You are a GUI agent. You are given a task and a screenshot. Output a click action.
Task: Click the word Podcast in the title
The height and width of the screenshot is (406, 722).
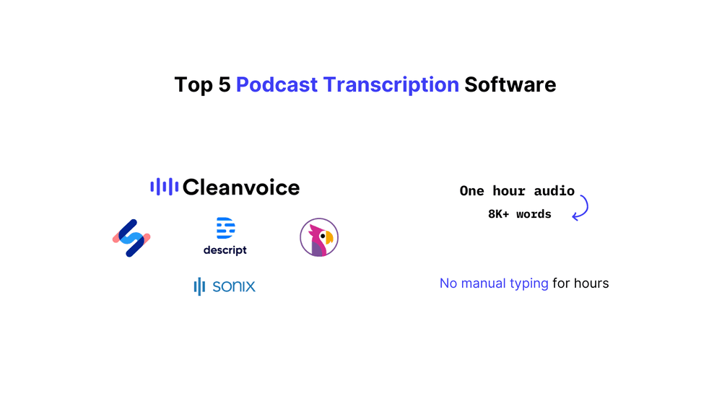click(x=277, y=85)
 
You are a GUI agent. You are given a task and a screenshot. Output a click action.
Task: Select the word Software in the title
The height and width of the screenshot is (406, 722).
click(x=510, y=85)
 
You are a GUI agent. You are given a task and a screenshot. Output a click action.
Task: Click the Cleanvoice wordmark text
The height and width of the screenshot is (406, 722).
click(x=241, y=187)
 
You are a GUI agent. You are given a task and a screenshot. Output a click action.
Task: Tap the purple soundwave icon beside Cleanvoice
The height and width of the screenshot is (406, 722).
click(x=164, y=187)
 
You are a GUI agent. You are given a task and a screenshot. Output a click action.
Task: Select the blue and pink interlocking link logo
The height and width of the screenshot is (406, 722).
click(x=131, y=238)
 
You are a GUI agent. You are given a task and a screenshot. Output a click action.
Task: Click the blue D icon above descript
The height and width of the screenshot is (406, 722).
click(x=225, y=229)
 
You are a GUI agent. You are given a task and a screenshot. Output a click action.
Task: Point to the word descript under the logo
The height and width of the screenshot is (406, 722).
click(x=225, y=250)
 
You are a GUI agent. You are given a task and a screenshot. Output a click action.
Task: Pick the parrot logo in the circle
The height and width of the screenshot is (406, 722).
click(x=319, y=237)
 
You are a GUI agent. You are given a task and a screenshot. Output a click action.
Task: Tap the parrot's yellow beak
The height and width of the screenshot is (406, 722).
click(x=329, y=237)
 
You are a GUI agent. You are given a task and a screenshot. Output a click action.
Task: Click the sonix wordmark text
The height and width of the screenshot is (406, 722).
click(x=234, y=286)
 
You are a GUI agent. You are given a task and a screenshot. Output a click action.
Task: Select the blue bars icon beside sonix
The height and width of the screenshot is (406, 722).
click(x=200, y=286)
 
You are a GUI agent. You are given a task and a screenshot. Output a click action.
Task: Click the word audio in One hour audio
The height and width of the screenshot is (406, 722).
click(x=554, y=191)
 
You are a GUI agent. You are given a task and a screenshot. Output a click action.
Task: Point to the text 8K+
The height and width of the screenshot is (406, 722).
click(x=500, y=214)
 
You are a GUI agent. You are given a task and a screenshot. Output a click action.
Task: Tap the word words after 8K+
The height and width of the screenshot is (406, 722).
click(x=534, y=214)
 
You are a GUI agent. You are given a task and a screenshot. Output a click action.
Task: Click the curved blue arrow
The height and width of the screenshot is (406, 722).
click(x=581, y=207)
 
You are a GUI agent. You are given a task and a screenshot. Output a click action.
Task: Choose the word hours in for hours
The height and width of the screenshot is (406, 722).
click(x=591, y=283)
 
